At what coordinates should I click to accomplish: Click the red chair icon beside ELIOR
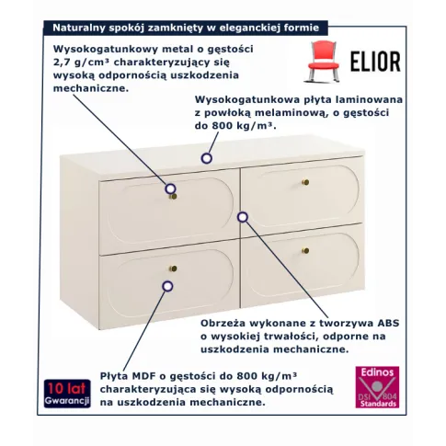(324, 62)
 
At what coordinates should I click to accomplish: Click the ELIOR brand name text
(375, 62)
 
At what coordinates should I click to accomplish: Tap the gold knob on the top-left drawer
(173, 196)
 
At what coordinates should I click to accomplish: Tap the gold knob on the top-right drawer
(306, 183)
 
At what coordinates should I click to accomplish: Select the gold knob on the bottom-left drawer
(173, 269)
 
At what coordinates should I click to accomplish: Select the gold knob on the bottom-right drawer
(305, 250)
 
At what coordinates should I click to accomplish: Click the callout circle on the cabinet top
(207, 158)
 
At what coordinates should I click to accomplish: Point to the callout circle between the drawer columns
(243, 217)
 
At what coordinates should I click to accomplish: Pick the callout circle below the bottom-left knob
(167, 286)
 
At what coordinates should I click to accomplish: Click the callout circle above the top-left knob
(170, 189)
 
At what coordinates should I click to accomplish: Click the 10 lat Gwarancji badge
(67, 394)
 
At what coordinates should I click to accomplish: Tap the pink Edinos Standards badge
(377, 387)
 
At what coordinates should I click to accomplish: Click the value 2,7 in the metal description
(61, 63)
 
